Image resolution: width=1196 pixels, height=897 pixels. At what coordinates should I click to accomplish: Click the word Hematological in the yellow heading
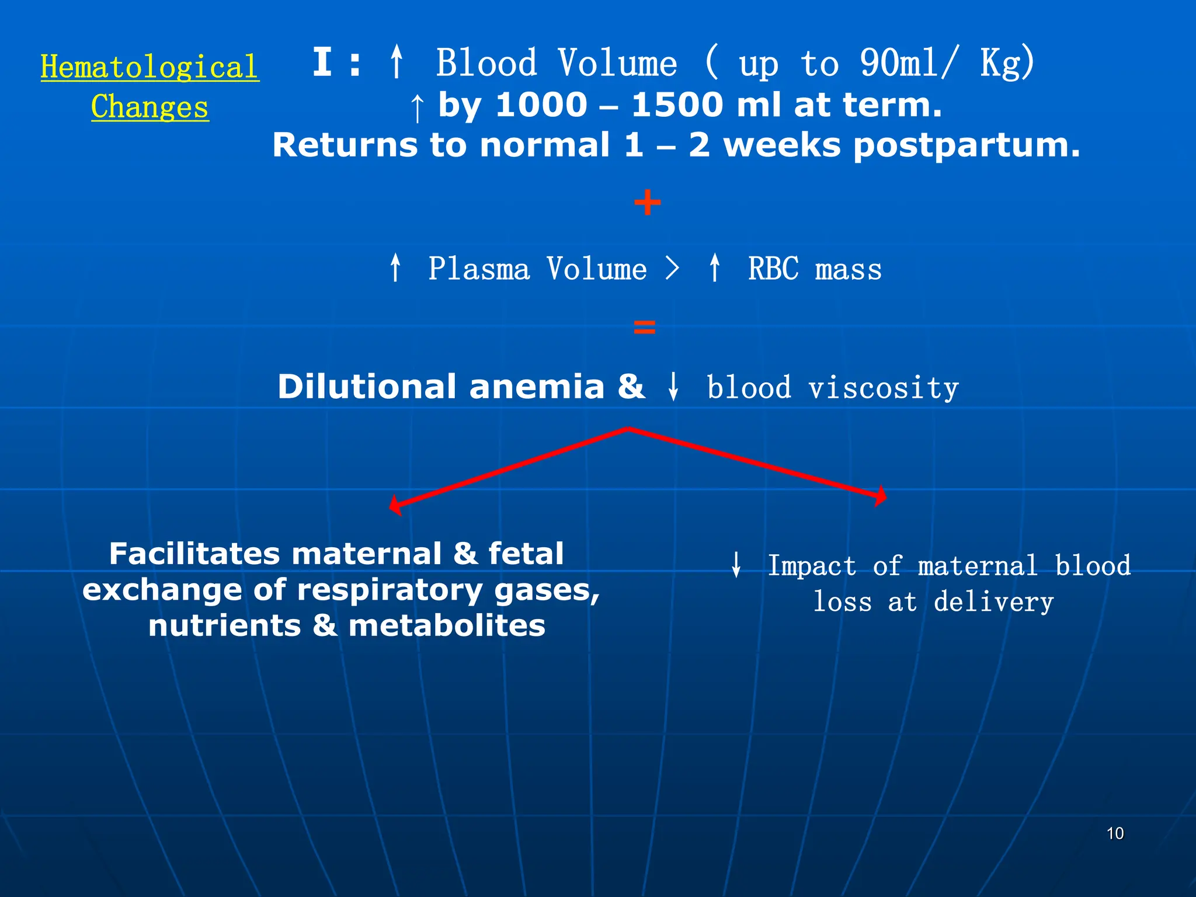point(149,67)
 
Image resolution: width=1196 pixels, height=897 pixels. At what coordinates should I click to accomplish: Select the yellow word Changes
point(149,107)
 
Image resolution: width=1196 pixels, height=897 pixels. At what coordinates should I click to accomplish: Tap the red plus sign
point(647,203)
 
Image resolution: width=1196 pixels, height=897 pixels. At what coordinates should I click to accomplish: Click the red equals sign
point(645,327)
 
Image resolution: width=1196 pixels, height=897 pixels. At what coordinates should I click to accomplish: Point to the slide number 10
point(1115,833)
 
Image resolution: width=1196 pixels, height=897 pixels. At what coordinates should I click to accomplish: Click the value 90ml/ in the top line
point(909,62)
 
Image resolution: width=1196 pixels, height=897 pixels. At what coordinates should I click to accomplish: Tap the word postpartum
point(966,145)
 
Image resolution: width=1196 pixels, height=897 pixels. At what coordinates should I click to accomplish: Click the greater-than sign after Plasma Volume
point(673,269)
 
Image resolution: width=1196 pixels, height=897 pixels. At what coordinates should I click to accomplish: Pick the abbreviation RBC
point(773,269)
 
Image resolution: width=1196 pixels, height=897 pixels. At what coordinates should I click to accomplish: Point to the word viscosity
point(884,388)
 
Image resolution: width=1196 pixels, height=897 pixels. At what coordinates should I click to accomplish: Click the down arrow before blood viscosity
point(673,387)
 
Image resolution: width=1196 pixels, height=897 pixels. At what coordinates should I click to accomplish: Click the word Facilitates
point(193,554)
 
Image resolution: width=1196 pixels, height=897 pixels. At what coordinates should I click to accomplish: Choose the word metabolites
point(447,626)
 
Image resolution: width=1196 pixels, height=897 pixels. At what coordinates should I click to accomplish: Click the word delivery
point(993,602)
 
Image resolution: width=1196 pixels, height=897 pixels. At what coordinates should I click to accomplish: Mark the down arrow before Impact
point(736,565)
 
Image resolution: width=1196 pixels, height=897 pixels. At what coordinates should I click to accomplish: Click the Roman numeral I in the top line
point(322,62)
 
